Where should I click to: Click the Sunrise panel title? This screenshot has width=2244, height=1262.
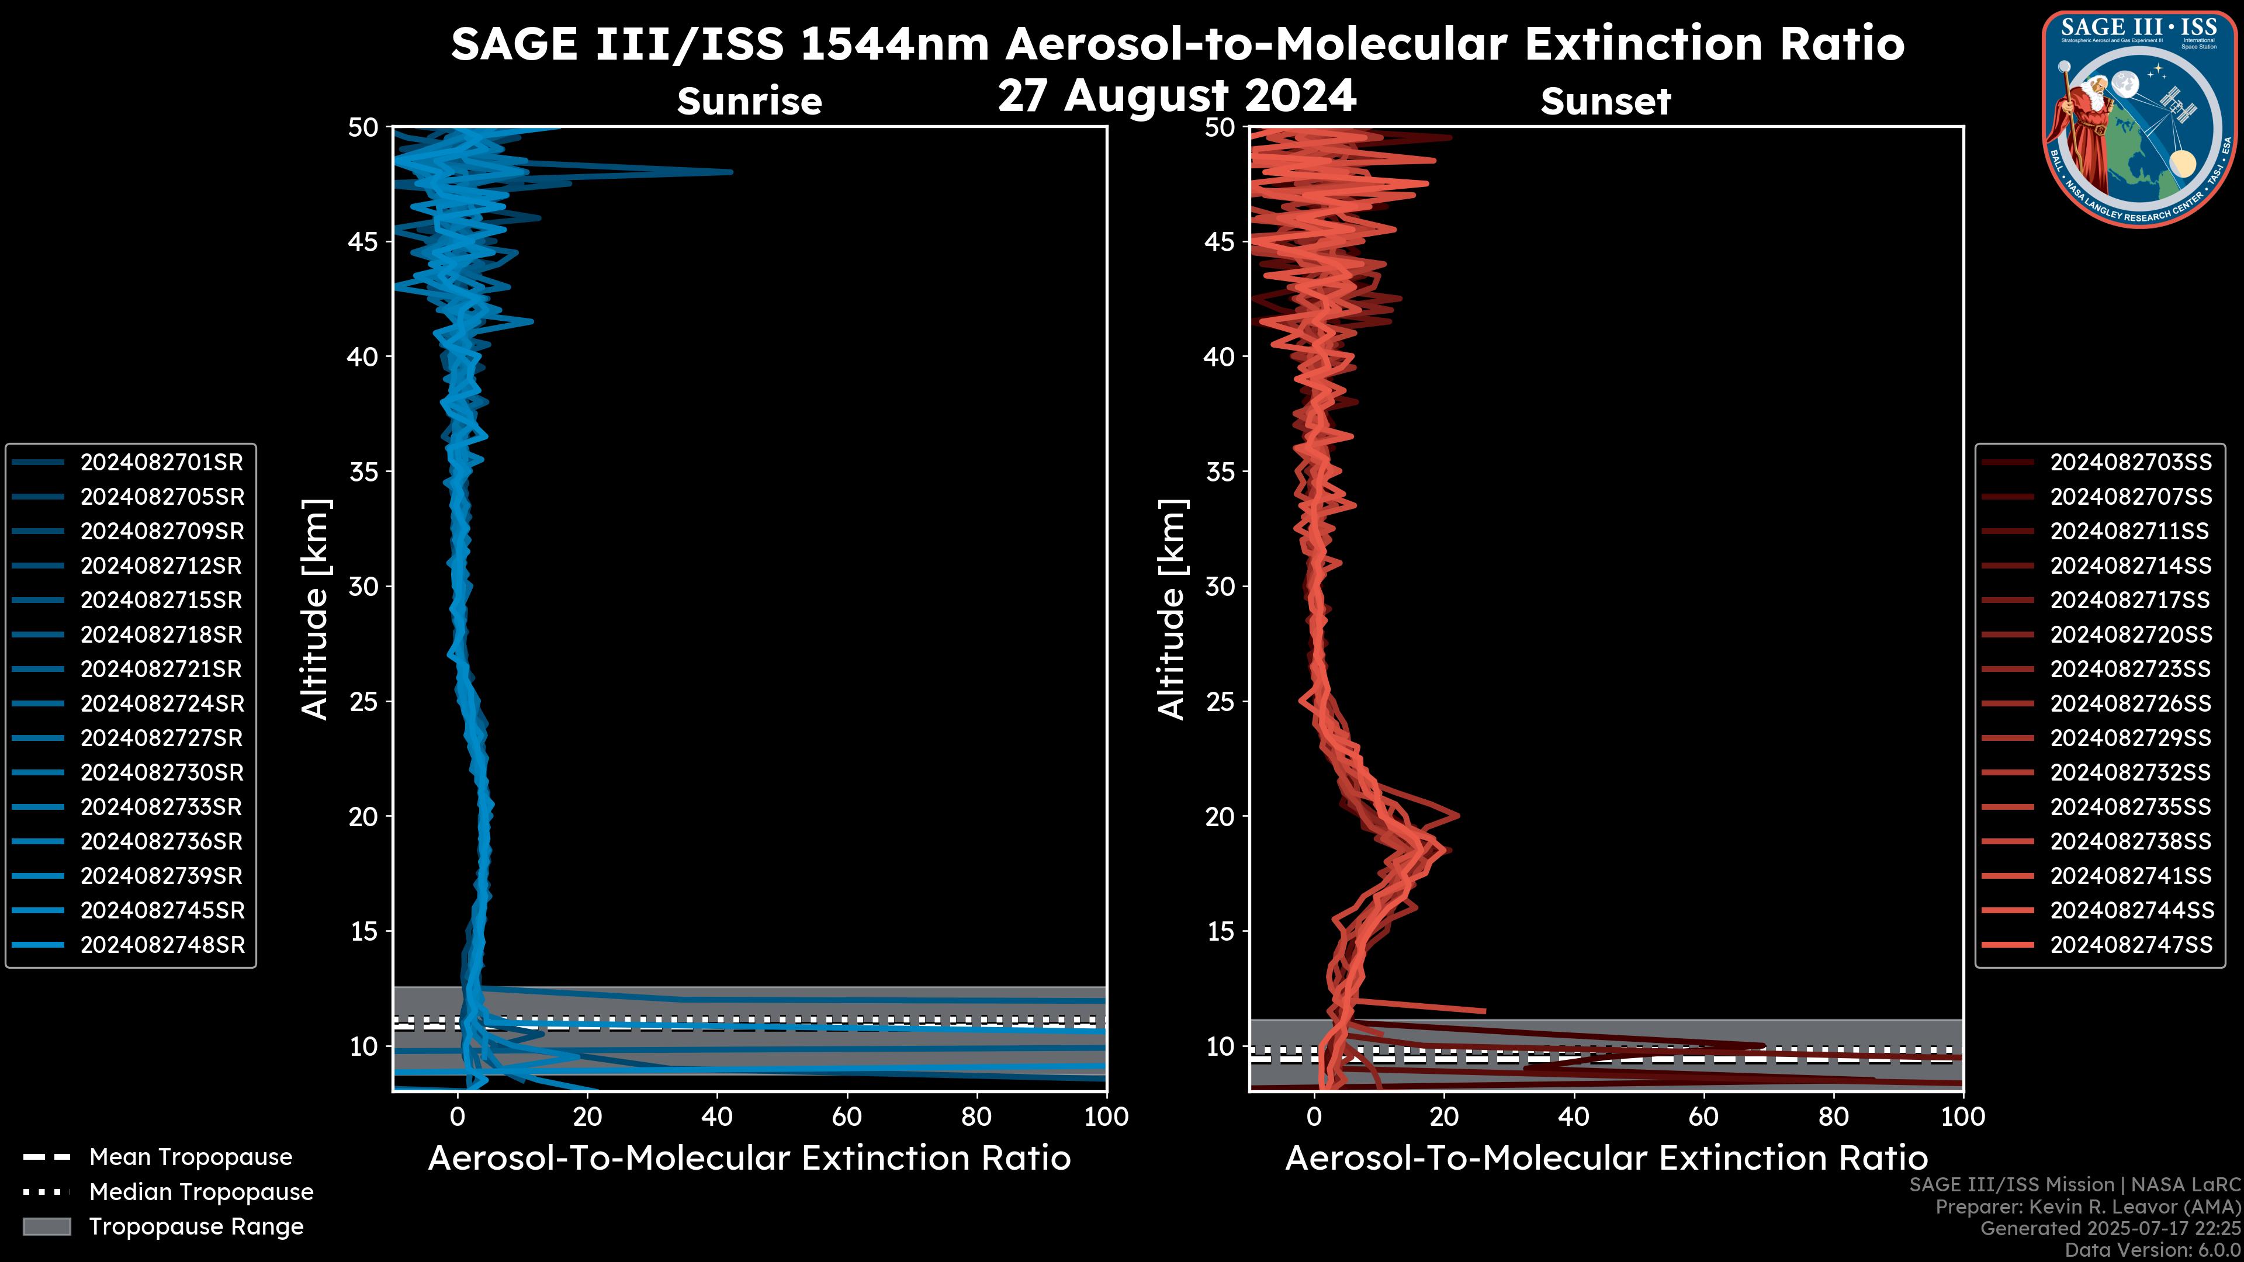point(749,101)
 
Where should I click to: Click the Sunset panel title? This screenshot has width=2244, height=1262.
point(1605,101)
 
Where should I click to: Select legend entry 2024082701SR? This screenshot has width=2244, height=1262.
point(161,463)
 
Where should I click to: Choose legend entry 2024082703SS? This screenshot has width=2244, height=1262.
point(2130,463)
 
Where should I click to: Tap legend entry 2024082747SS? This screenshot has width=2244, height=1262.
point(2130,945)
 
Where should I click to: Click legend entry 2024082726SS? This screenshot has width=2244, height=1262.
point(2130,703)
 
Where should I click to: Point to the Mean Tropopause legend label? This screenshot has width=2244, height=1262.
point(191,1157)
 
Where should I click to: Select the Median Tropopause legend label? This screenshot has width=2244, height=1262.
point(201,1192)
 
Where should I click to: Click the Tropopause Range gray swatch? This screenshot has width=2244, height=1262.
point(46,1226)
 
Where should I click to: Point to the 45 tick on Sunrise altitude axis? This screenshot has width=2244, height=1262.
point(363,241)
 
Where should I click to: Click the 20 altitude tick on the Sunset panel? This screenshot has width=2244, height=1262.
point(1220,817)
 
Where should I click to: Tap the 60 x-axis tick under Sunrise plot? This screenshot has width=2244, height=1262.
point(847,1117)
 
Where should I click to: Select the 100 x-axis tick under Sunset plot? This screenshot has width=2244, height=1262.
point(1963,1117)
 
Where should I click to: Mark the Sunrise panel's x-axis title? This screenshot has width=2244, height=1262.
point(749,1159)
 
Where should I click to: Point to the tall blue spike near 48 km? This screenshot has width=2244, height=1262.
point(728,172)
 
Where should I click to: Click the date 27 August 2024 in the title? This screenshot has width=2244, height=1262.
point(1177,96)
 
